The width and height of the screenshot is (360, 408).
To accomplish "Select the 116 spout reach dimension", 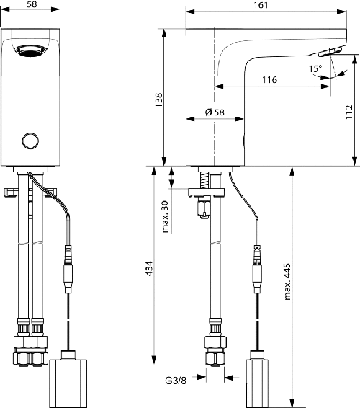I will click(270, 80).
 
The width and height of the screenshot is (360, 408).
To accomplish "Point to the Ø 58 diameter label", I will click(215, 112).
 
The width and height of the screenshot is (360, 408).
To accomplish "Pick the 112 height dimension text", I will click(348, 110).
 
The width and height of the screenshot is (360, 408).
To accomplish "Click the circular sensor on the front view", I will click(30, 141).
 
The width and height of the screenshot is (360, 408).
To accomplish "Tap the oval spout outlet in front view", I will click(30, 52).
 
